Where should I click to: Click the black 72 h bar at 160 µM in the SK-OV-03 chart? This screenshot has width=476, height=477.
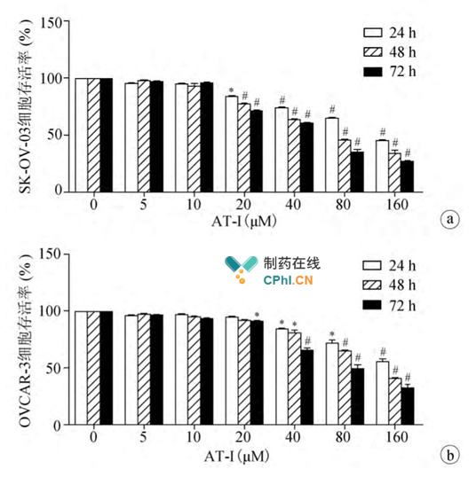pyautogui.click(x=408, y=176)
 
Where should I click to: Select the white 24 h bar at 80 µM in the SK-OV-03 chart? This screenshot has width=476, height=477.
pyautogui.click(x=331, y=154)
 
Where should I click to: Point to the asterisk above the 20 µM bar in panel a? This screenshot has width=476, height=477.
pyautogui.click(x=231, y=90)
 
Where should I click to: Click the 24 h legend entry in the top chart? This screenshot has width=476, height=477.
pyautogui.click(x=388, y=31)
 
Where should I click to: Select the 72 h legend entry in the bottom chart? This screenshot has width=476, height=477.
pyautogui.click(x=388, y=304)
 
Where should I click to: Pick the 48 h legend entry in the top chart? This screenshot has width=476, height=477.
pyautogui.click(x=388, y=51)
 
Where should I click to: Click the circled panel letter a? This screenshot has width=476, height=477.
pyautogui.click(x=451, y=220)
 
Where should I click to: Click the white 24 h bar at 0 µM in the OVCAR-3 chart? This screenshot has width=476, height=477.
pyautogui.click(x=81, y=368)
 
